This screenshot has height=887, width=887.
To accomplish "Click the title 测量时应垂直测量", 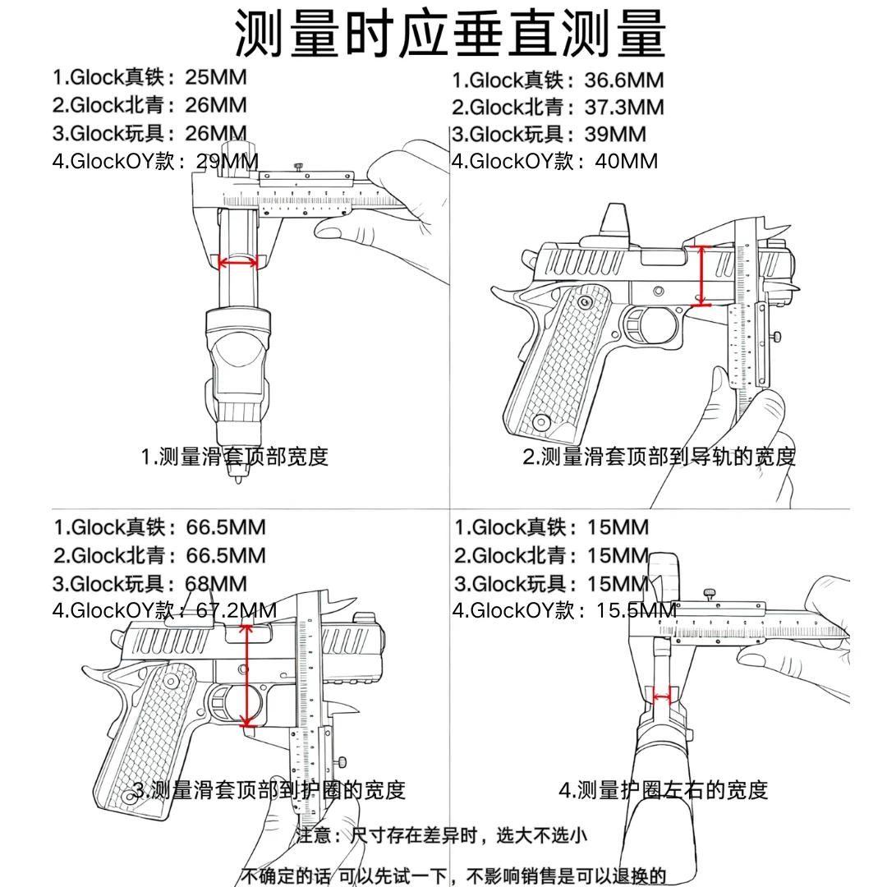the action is tap(450, 33).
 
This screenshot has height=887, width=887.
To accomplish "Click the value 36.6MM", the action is tap(624, 80).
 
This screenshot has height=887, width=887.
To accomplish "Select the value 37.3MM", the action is tap(624, 107).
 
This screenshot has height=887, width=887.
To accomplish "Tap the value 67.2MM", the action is tap(236, 610).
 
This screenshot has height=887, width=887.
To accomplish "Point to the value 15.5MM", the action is tap(636, 610).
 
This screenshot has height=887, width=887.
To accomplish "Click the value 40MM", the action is tap(626, 161).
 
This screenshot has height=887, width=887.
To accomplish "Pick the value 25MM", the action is tap(215, 77).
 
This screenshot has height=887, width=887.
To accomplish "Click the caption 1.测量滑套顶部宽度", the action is tap(235, 457).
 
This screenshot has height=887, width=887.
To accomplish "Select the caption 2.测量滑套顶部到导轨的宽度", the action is tap(659, 457).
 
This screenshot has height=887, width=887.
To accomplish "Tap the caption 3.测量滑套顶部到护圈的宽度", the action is tap(269, 790).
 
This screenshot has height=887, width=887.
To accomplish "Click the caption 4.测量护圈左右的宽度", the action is tap(663, 790).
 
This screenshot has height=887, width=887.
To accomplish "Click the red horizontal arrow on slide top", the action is tap(238, 262).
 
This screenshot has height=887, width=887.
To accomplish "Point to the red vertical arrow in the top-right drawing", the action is tap(701, 276).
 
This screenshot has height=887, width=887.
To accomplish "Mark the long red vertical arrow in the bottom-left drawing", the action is tap(246, 675).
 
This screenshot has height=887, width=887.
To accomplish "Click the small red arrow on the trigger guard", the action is tap(662, 696).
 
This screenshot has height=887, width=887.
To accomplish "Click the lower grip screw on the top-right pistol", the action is tap(541, 422).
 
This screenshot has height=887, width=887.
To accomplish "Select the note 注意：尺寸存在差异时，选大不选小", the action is tap(442, 835).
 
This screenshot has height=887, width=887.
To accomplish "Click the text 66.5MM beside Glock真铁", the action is tap(226, 527).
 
